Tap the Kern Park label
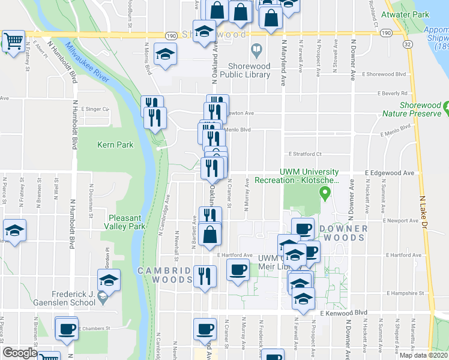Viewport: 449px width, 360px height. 116,145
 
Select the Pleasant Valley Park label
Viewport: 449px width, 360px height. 127,222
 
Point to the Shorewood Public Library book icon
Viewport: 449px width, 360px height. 256,50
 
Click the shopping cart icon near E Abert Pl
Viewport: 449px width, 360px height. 13,41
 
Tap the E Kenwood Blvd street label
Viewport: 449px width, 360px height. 343,313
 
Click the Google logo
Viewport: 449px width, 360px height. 20,353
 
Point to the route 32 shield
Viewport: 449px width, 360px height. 408,44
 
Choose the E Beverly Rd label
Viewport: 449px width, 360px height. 393,94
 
